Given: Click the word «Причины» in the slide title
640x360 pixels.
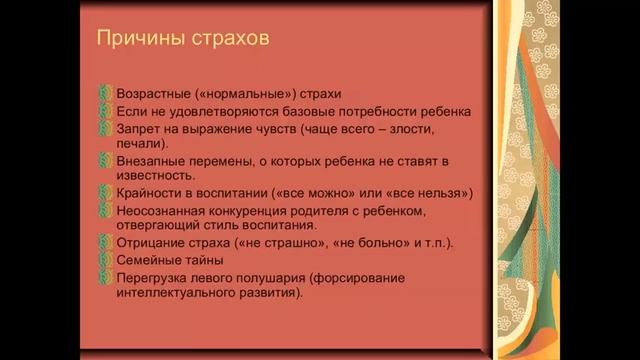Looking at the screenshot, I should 134,41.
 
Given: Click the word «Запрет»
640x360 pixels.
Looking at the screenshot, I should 141,129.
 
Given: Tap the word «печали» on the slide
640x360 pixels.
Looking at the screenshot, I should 141,144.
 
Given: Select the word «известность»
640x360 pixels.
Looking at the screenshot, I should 155,176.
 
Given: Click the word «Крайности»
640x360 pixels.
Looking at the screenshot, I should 152,193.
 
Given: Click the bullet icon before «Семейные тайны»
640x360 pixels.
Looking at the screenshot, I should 108,260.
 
